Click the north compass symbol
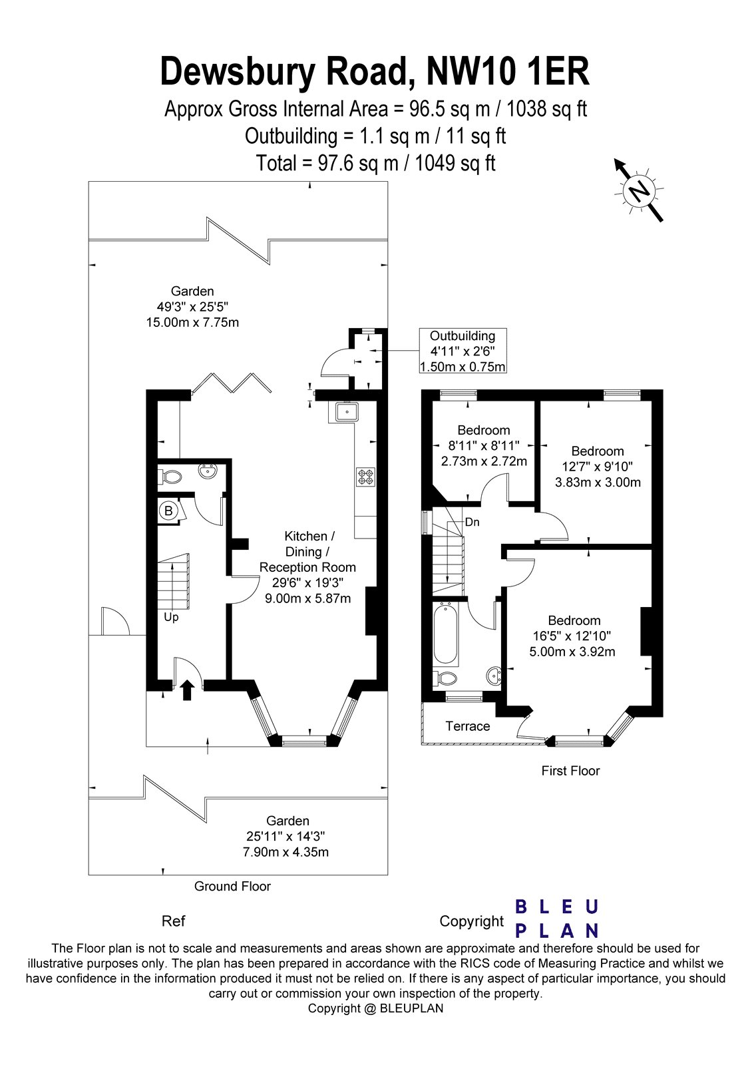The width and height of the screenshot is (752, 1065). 640,191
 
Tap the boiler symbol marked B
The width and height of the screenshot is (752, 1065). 168,511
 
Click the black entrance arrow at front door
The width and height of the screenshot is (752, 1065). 187,690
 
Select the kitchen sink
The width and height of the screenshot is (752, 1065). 347,413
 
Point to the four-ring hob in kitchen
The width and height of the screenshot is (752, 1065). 366,477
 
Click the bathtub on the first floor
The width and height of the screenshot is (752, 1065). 445,634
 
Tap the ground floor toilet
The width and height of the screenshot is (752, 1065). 171,477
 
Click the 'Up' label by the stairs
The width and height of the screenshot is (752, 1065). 171,617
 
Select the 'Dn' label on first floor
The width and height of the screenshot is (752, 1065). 472,522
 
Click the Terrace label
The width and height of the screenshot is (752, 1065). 467,726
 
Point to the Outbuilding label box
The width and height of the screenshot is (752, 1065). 463,351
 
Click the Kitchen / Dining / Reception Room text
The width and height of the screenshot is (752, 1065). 307,552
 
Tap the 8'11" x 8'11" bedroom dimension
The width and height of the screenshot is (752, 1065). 484,446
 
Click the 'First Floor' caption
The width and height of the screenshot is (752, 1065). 570,771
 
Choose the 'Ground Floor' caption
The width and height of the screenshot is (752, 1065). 232,886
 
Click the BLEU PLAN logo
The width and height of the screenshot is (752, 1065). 557,919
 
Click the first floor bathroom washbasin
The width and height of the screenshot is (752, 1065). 494,676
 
